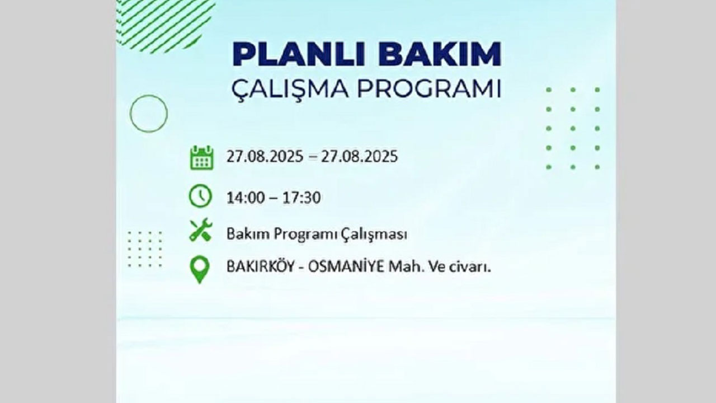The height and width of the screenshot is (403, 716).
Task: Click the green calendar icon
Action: [201, 157]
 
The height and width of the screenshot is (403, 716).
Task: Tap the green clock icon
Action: [201, 196]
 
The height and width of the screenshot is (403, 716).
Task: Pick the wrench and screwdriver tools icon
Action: [201, 229]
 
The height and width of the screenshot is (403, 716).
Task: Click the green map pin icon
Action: [200, 269]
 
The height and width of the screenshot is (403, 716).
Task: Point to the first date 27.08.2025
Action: [264, 156]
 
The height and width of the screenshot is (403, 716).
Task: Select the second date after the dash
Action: [359, 156]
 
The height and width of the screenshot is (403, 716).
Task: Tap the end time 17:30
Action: [302, 198]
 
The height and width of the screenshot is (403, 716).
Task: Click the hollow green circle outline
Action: [149, 114]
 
